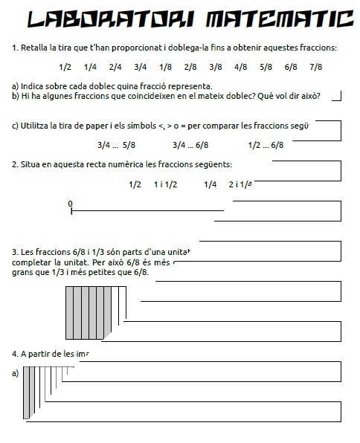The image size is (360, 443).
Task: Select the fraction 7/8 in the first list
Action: coord(315,67)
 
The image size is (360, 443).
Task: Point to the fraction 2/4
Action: coord(115,67)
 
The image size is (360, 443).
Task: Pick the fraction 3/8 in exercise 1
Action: coord(216,67)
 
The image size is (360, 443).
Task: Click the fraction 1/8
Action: coord(165,67)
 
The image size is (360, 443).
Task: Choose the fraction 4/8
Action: coord(240,67)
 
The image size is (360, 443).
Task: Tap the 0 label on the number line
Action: coord(70,203)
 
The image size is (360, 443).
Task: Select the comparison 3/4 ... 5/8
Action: coord(116,145)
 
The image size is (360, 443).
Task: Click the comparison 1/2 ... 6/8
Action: coord(266,145)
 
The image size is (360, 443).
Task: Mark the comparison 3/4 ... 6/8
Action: coord(190,145)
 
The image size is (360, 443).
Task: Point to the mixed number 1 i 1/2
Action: coord(165,184)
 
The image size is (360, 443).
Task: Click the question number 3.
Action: coord(15,251)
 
